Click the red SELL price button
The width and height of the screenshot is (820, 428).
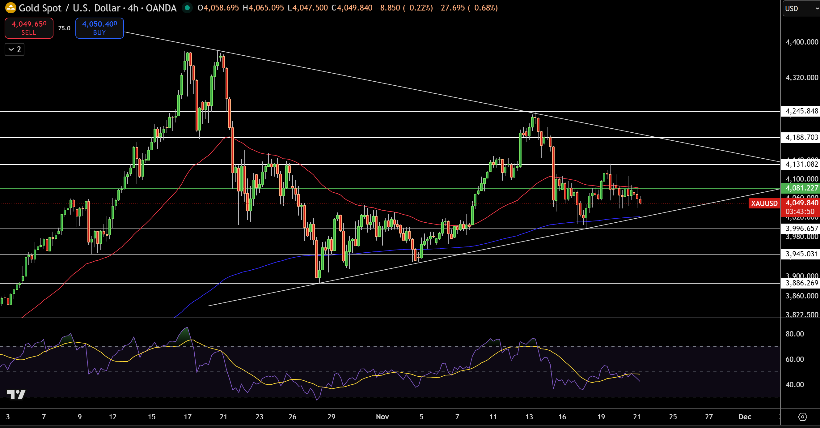[x=29, y=28]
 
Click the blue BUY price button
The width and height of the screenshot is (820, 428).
[x=99, y=28]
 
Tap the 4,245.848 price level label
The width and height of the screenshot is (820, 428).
[x=801, y=111]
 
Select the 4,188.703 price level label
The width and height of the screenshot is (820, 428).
[x=801, y=137]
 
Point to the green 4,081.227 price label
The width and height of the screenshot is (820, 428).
[x=801, y=188]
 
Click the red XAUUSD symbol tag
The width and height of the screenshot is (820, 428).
[x=764, y=203]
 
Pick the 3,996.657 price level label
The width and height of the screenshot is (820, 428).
[x=801, y=229]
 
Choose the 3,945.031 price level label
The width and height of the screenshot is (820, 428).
[x=801, y=254]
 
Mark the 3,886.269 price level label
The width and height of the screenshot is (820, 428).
[x=801, y=283]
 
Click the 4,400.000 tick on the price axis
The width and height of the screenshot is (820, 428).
[x=801, y=42]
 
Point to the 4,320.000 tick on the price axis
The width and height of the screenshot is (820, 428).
[x=801, y=78]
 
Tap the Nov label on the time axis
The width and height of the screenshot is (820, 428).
[x=382, y=417]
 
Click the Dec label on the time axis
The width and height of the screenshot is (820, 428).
[x=745, y=417]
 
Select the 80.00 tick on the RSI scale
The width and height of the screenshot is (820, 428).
[x=795, y=334]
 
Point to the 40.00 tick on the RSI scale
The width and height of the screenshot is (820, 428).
[x=795, y=385]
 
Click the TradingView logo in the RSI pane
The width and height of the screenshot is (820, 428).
[x=16, y=395]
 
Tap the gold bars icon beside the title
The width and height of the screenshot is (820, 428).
[x=11, y=8]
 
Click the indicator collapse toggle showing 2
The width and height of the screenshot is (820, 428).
[x=15, y=49]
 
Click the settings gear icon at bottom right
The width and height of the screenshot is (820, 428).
[x=802, y=417]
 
